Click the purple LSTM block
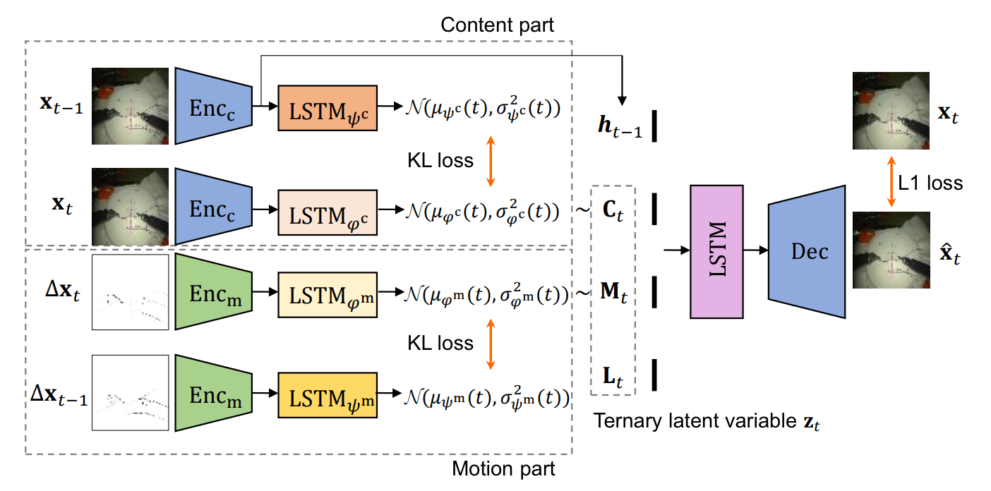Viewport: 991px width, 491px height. pyautogui.click(x=716, y=252)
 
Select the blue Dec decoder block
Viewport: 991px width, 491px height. pyautogui.click(x=807, y=252)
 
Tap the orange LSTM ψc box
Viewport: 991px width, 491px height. pyautogui.click(x=328, y=108)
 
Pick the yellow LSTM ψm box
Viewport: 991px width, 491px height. pyautogui.click(x=328, y=395)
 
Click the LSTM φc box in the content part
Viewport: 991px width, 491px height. pyautogui.click(x=328, y=212)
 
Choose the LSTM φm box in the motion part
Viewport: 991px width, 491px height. pyautogui.click(x=328, y=295)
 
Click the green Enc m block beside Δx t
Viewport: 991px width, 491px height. pyautogui.click(x=214, y=291)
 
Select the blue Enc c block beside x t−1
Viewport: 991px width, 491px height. pyautogui.click(x=214, y=106)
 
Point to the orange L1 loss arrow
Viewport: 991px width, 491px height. pyautogui.click(x=891, y=181)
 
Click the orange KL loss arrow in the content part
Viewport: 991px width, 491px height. pyautogui.click(x=491, y=161)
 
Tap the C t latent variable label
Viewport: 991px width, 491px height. pyautogui.click(x=613, y=210)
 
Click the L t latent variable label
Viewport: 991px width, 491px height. pyautogui.click(x=613, y=377)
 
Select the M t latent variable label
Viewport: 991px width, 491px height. pyautogui.click(x=613, y=292)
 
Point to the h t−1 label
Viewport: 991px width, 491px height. pyautogui.click(x=620, y=126)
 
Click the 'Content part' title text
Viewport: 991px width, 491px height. pyautogui.click(x=498, y=25)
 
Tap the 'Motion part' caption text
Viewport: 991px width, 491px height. pyautogui.click(x=503, y=468)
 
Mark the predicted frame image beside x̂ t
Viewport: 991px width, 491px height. pyautogui.click(x=891, y=250)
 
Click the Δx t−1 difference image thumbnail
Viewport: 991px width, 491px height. pyautogui.click(x=131, y=392)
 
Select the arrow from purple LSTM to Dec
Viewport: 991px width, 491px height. pyautogui.click(x=756, y=250)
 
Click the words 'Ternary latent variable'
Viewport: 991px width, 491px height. pyautogui.click(x=695, y=420)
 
